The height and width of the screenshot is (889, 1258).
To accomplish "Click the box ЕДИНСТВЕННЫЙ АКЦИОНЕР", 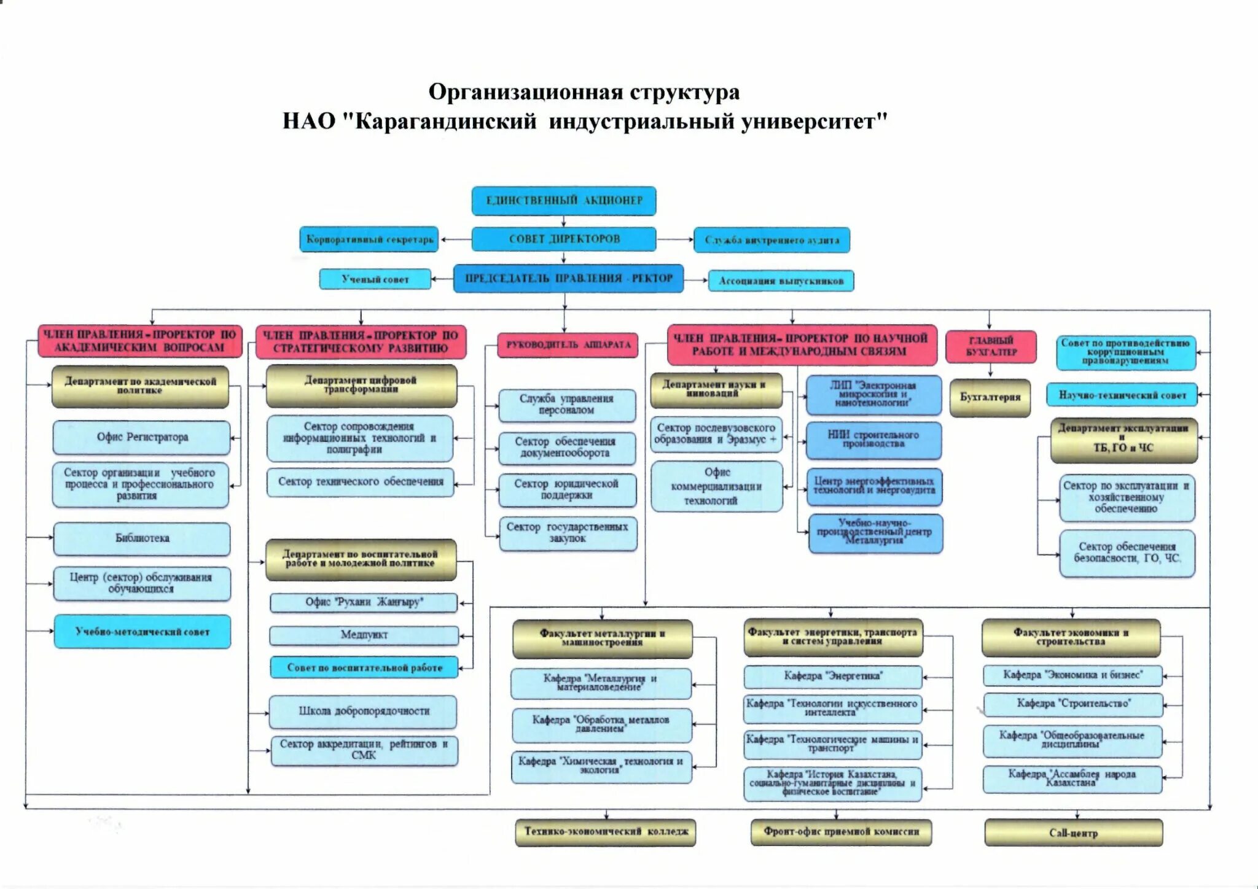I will tap(564, 201).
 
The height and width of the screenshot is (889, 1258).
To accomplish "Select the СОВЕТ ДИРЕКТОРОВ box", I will tap(564, 239).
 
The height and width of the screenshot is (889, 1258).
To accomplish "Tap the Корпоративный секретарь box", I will tap(369, 239).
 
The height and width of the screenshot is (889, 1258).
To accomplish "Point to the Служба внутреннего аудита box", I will tap(772, 240).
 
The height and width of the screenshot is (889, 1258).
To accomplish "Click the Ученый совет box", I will tap(375, 279).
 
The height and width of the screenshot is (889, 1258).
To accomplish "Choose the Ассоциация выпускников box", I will tap(781, 281).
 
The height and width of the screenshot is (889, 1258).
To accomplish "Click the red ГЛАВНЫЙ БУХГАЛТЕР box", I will tap(991, 346).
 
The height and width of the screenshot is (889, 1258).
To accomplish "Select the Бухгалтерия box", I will tap(990, 397).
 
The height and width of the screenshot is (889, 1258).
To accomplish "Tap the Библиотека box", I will tap(142, 538).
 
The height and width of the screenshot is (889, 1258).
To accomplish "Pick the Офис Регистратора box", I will tap(142, 437).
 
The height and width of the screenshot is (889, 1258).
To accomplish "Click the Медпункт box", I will tap(364, 635).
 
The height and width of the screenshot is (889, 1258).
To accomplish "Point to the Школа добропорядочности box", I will tap(364, 711).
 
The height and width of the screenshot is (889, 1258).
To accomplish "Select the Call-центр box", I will tap(1073, 833).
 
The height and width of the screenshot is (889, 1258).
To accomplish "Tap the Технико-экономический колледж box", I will tap(606, 832).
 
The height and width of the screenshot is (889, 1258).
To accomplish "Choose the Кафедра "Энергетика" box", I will tap(833, 676).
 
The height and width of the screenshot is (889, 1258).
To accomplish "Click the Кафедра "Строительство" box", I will tap(1073, 704).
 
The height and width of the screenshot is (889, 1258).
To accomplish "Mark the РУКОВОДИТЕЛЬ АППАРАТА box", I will tap(568, 345).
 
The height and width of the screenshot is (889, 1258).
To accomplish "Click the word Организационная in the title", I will tap(525, 92).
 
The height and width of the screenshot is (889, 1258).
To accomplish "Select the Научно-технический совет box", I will tap(1122, 395).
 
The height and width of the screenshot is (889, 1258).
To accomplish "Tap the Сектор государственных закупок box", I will tap(568, 533).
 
